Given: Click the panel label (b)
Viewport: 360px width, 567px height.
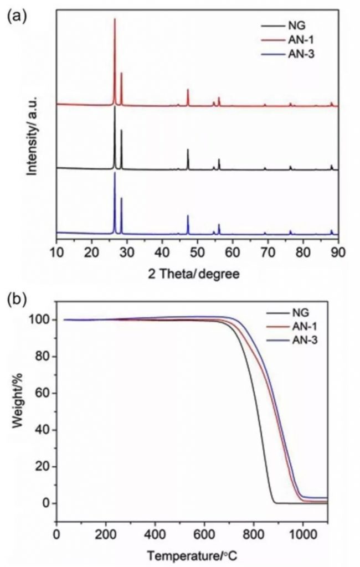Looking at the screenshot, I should click(x=15, y=298).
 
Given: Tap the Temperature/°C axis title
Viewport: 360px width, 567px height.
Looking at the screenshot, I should click(x=192, y=554).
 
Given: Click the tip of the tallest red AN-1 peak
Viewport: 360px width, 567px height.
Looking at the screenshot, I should click(x=115, y=19).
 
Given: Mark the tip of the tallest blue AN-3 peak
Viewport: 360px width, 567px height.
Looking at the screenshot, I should click(x=115, y=173).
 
